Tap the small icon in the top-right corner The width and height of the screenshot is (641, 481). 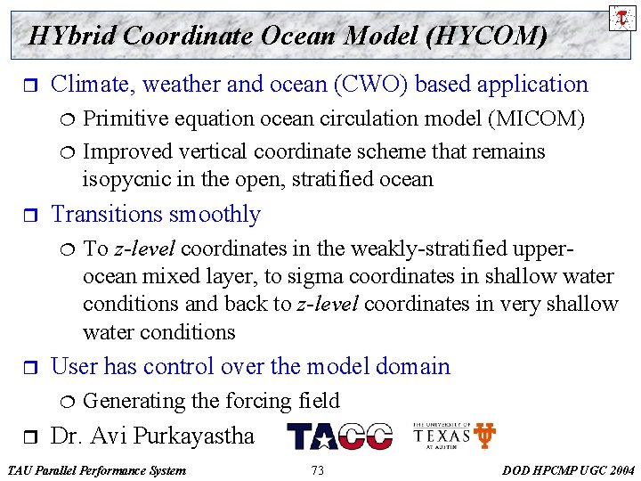tap(622, 17)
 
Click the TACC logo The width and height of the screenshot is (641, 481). tap(339, 436)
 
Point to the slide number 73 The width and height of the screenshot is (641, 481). tap(318, 470)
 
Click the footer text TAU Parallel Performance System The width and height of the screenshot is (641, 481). tap(96, 470)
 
